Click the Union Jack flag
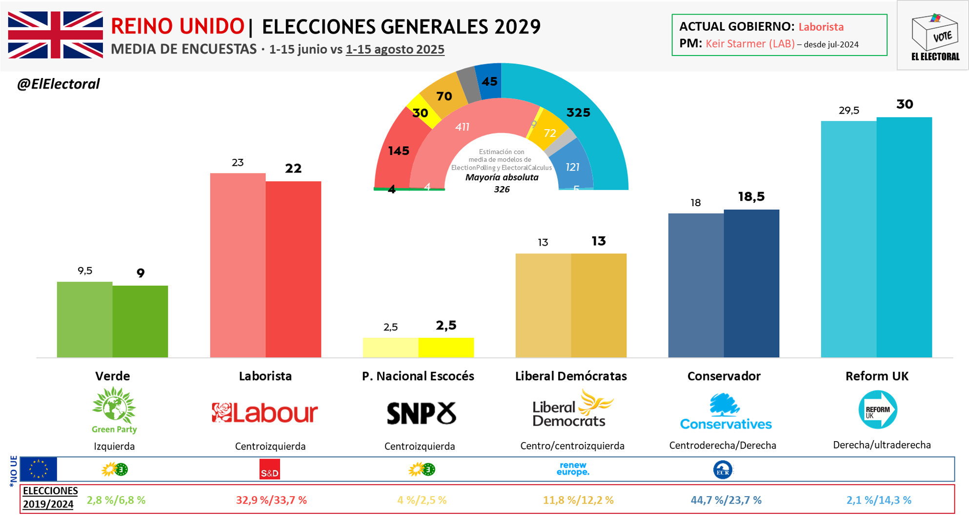[x=55, y=35]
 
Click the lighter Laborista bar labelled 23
[x=238, y=265]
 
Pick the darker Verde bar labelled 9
[x=140, y=321]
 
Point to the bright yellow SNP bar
[x=446, y=347]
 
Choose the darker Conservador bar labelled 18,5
[x=751, y=283]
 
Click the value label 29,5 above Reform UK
[x=849, y=111]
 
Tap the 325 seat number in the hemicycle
[x=578, y=113]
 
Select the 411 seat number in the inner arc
[x=462, y=127]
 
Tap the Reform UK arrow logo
[x=877, y=410]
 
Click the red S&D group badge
[x=269, y=469]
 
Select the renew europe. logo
[x=573, y=469]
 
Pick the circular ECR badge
[x=723, y=470]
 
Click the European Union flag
[x=39, y=469]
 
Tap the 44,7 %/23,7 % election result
[x=726, y=500]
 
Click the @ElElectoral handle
[x=58, y=84]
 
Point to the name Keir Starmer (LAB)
[x=750, y=44]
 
